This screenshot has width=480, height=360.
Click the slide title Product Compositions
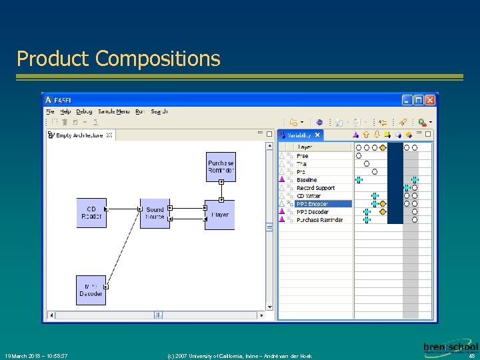pos(118,59)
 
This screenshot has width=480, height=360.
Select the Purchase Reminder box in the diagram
pos(221,167)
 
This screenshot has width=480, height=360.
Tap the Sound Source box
pos(155,213)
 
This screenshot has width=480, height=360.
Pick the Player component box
pos(220,215)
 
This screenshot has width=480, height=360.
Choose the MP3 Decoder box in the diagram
pos(91,290)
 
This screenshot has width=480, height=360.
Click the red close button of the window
pos(430,100)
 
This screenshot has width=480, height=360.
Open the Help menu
pos(65,112)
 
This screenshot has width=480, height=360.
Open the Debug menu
pos(84,112)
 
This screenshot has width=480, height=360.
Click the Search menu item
pos(159,112)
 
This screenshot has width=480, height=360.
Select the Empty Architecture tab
pos(79,135)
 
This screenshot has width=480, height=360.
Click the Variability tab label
pos(299,135)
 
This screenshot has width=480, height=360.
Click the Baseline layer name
pos(307,180)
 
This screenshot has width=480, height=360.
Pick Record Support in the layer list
pos(315,188)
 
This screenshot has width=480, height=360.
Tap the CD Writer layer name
pos(309,196)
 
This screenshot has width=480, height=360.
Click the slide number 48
pos(471,356)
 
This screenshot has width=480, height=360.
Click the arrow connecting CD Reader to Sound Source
pos(123,210)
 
